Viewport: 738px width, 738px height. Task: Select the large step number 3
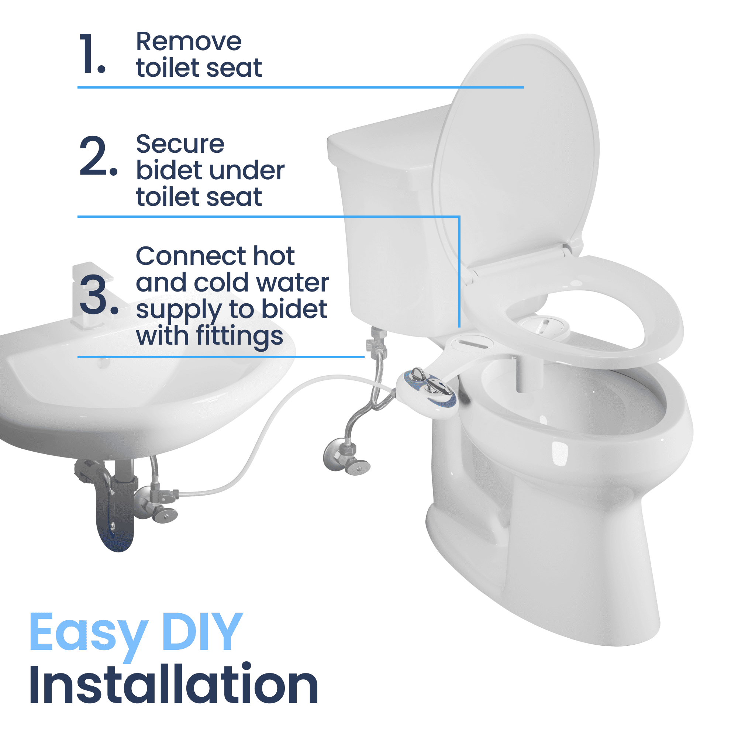tap(99, 295)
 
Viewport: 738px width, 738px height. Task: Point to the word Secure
tap(180, 144)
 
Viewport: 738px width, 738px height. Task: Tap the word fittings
tap(240, 337)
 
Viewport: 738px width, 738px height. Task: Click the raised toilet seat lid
tap(516, 153)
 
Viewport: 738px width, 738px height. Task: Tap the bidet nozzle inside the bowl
tap(529, 372)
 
